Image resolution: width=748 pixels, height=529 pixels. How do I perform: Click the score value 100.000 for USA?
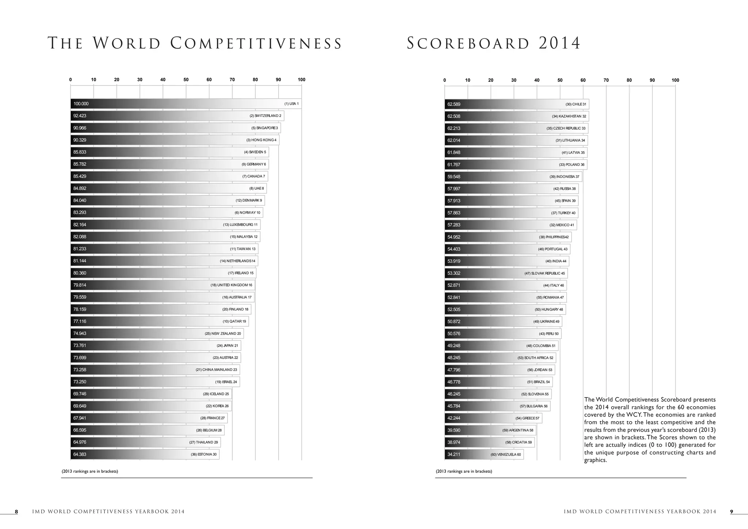pos(81,104)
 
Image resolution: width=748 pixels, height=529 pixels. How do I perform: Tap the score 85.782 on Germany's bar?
pos(80,164)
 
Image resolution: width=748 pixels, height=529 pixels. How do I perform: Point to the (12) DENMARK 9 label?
pos(249,201)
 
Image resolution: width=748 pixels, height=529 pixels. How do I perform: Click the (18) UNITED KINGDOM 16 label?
pos(231,285)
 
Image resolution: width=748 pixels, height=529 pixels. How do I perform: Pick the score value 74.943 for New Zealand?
pos(80,333)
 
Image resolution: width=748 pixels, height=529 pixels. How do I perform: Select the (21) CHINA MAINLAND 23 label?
pos(216,370)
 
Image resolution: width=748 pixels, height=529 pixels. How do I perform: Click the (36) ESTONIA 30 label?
pos(203,454)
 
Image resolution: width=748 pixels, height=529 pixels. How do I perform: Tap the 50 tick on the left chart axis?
pos(186,80)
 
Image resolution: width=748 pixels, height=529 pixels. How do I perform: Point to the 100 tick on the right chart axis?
pos(675,80)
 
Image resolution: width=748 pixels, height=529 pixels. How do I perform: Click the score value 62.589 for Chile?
pos(454,104)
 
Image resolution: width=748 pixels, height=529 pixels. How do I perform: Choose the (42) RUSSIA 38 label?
pos(564,189)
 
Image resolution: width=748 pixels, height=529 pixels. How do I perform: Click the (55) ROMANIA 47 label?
pos(550,297)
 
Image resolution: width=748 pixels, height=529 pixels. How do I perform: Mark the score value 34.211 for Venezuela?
pos(454,454)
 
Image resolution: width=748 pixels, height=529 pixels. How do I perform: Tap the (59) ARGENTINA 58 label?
pos(518,430)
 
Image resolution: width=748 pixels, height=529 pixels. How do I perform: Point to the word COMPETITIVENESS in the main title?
pos(256,43)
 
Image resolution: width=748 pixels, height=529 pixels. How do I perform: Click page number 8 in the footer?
pos(16,512)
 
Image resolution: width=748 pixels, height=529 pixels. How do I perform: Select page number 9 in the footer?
pos(731,512)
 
